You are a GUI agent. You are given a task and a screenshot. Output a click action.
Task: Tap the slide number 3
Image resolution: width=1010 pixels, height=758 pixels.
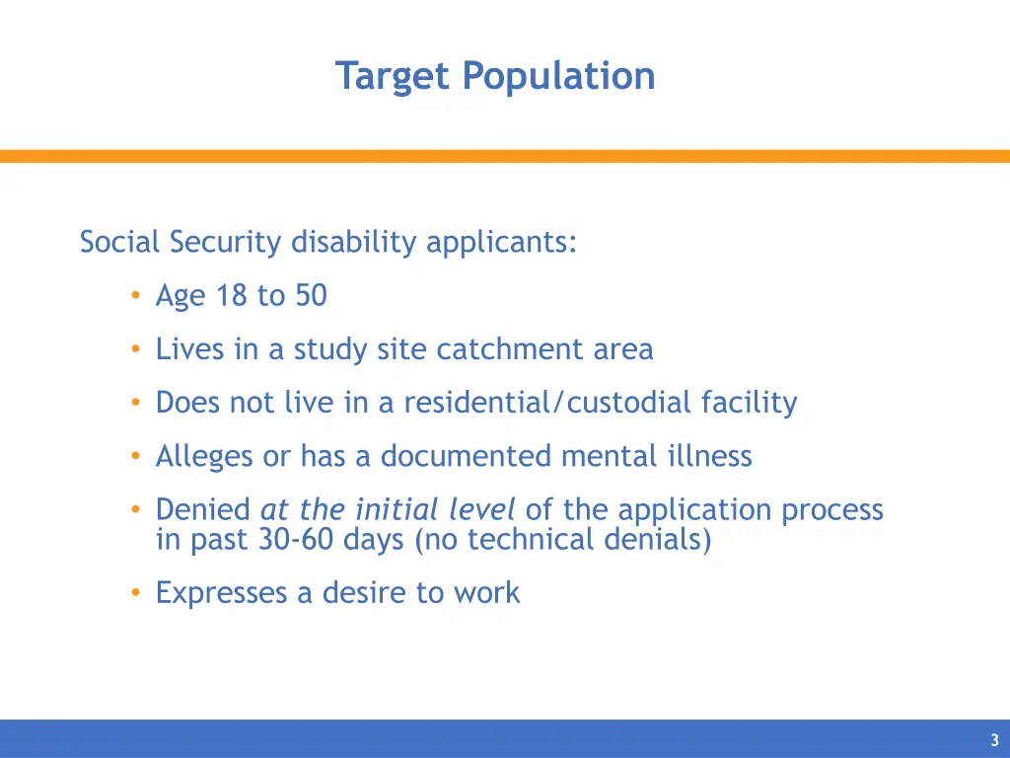(994, 740)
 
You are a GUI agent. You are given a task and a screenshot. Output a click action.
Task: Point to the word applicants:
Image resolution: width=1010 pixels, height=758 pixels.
(501, 242)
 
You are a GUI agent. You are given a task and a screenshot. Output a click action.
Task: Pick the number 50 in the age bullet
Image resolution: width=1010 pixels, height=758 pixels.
(310, 296)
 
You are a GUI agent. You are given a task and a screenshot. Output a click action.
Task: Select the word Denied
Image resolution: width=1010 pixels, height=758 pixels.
(203, 509)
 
